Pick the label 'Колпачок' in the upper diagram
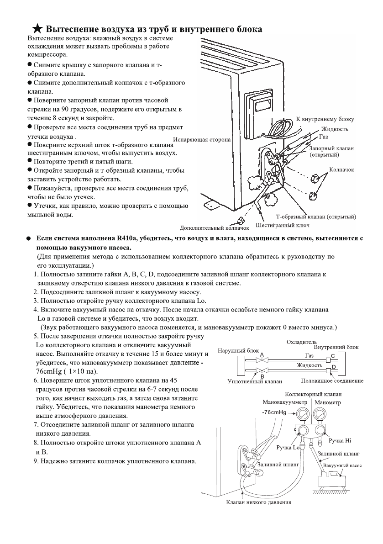pos(341,169)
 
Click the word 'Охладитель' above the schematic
pos(302,341)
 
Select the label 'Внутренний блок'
pos(336,347)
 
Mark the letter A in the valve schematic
pos(262,354)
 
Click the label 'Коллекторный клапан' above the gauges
pos(313,394)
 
